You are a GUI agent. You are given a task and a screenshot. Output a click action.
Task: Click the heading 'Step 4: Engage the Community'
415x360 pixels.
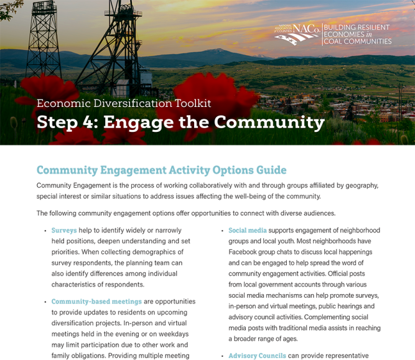(x=180, y=122)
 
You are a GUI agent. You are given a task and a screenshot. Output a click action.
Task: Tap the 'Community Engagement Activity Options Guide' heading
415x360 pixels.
(x=161, y=170)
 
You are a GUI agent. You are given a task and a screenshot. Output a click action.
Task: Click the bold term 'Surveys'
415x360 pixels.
(x=64, y=230)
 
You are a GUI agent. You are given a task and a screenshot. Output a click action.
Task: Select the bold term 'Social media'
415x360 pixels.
(x=247, y=230)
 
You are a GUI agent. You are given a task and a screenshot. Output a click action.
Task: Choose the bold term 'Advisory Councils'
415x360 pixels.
(x=257, y=356)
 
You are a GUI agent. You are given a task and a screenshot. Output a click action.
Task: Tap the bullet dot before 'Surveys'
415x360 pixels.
(x=44, y=231)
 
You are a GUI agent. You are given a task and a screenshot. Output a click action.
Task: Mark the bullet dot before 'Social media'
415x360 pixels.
(x=221, y=231)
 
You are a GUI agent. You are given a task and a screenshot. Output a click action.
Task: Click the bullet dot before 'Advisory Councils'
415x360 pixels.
(x=221, y=356)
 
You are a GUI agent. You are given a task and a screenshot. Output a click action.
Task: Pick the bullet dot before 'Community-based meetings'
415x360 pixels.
(x=44, y=302)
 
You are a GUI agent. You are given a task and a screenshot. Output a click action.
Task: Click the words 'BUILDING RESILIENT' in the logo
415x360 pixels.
(x=357, y=27)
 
